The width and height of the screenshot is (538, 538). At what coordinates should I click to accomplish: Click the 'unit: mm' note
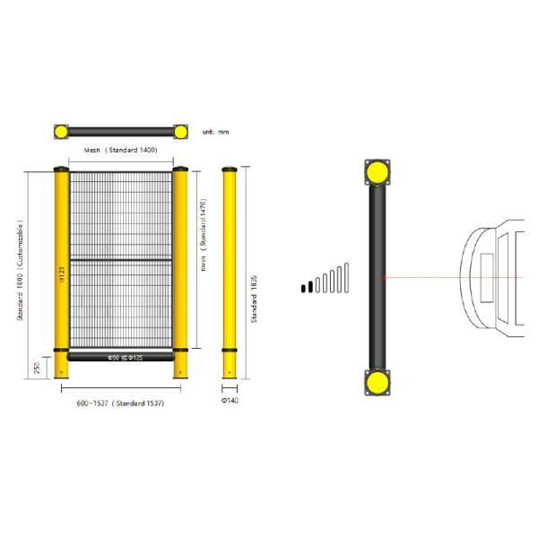[216, 132]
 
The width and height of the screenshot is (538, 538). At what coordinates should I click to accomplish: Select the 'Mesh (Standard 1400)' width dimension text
[120, 151]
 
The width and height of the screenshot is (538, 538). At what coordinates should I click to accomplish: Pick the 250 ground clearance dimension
[35, 367]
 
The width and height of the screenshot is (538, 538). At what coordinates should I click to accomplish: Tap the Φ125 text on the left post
[61, 273]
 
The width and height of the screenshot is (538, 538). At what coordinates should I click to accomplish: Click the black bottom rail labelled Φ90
[120, 357]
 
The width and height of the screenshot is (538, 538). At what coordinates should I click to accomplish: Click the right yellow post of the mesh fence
[180, 269]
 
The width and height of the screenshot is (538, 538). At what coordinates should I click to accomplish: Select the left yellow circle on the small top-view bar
[61, 132]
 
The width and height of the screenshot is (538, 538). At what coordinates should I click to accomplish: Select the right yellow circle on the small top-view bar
[180, 132]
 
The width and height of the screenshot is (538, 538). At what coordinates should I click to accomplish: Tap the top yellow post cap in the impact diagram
[377, 171]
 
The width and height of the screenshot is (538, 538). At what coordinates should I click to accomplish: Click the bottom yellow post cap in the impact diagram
[377, 383]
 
